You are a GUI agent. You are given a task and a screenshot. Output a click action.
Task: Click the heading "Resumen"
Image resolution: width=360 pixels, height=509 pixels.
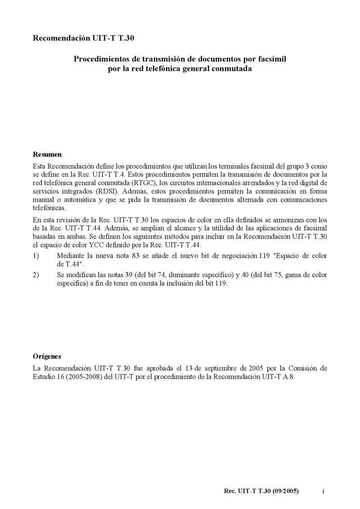point(47,154)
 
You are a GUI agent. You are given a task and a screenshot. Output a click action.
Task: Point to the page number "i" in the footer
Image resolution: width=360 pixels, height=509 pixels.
point(323,491)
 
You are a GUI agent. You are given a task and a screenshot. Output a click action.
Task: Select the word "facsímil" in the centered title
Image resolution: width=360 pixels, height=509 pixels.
point(271,59)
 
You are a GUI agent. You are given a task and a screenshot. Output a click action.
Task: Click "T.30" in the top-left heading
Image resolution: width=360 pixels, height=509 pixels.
point(126,39)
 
